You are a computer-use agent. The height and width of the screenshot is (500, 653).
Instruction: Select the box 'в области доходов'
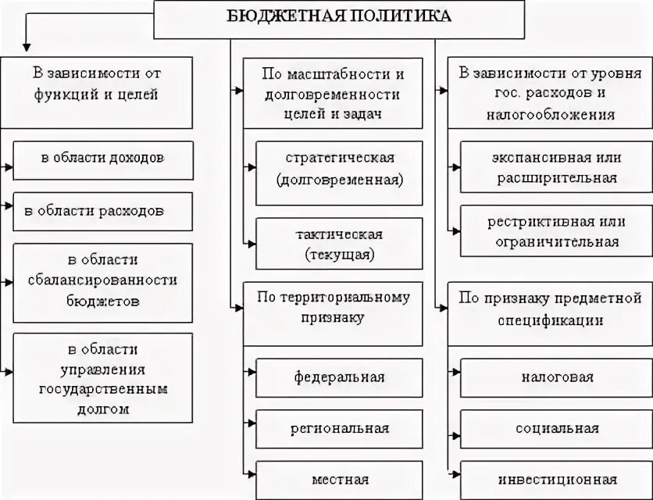click(102, 157)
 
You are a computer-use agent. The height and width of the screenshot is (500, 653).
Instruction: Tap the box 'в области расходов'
click(102, 211)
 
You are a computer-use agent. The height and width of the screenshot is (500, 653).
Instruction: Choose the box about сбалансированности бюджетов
click(102, 280)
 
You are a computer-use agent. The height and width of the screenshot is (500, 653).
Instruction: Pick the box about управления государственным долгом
click(102, 377)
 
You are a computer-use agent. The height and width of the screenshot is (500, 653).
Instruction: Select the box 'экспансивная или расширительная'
click(555, 167)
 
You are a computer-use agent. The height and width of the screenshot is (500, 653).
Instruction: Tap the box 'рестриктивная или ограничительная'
click(555, 231)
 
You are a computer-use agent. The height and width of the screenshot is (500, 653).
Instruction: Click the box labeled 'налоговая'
click(555, 377)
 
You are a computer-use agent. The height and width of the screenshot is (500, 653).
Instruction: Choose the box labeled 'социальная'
click(555, 428)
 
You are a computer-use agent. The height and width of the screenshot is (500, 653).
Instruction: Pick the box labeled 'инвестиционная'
click(555, 479)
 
